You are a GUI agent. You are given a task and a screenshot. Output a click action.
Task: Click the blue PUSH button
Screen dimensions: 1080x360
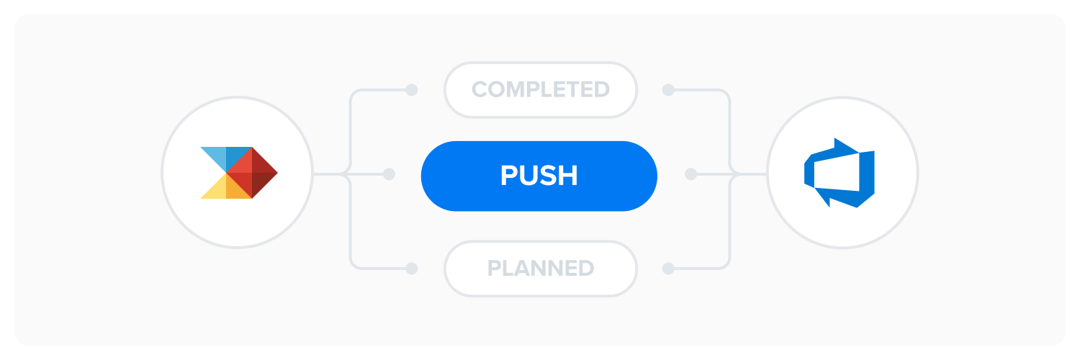pyautogui.click(x=539, y=176)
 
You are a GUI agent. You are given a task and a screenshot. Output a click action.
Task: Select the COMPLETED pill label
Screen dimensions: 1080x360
pyautogui.click(x=541, y=89)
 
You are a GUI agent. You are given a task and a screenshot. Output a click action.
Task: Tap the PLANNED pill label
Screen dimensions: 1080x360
pyautogui.click(x=541, y=269)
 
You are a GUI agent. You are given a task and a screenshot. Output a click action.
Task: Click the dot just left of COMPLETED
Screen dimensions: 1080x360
pyautogui.click(x=411, y=89)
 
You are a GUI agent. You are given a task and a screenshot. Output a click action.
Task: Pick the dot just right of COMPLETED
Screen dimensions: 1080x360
pyautogui.click(x=668, y=89)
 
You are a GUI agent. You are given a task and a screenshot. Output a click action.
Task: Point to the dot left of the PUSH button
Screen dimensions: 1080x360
pyautogui.click(x=389, y=174)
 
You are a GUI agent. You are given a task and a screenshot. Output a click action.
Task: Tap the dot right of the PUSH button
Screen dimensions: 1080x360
pyautogui.click(x=691, y=174)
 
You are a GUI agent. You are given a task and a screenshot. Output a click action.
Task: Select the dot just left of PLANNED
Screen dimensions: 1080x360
pyautogui.click(x=411, y=269)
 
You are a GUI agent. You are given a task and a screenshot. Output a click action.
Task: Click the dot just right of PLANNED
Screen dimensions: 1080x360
pyautogui.click(x=668, y=269)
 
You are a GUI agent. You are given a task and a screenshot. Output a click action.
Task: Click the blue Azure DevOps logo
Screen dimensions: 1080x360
pyautogui.click(x=839, y=173)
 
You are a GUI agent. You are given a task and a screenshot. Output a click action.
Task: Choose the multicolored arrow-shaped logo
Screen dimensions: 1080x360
pyautogui.click(x=238, y=173)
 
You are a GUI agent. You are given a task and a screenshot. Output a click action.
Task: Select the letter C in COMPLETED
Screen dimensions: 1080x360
pyautogui.click(x=480, y=89)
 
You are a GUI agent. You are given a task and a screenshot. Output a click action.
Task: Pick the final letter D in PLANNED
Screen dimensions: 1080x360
pyautogui.click(x=586, y=269)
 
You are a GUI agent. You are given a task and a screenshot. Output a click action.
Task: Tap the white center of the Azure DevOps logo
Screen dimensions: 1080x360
pyautogui.click(x=837, y=172)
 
